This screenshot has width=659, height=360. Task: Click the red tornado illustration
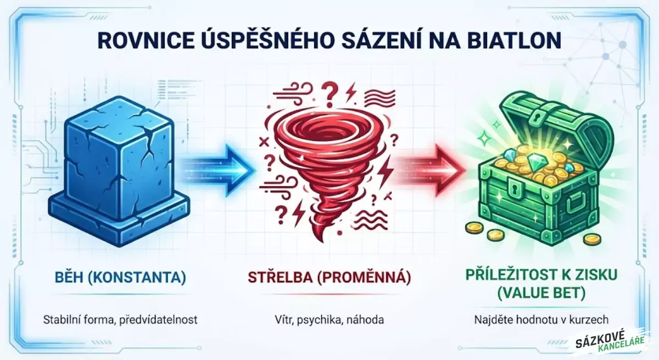(x=324, y=165)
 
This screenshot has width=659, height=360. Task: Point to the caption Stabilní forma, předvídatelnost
(x=120, y=319)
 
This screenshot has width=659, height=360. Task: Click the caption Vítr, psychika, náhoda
(x=329, y=319)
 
